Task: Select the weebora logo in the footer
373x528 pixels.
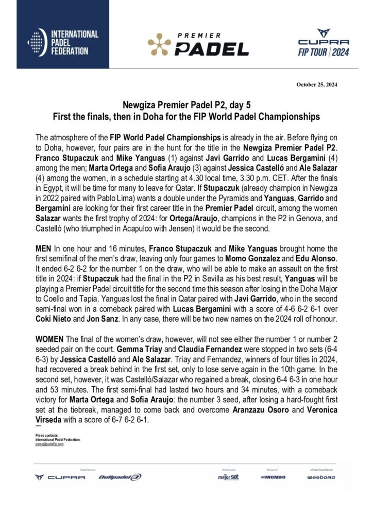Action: coord(321,477)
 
